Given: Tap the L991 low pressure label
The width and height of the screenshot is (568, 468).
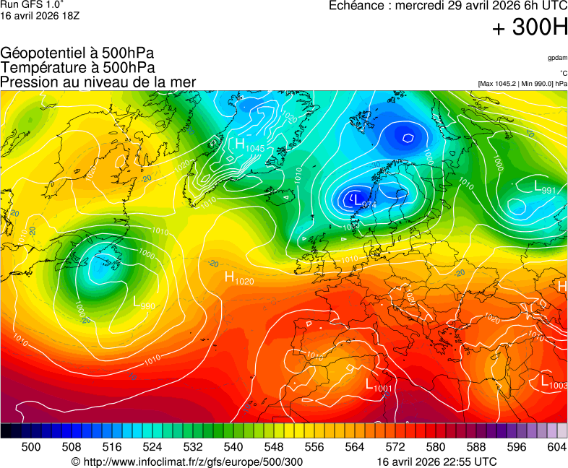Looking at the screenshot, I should click(544, 188).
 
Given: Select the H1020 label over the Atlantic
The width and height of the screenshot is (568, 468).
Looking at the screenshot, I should click(238, 277).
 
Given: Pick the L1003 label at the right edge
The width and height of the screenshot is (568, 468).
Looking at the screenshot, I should click(554, 382).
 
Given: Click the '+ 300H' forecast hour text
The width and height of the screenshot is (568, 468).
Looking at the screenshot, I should click(530, 27).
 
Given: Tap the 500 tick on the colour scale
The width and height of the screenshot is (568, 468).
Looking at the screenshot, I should click(31, 447).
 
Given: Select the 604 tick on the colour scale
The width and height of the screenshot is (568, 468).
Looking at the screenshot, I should click(556, 447).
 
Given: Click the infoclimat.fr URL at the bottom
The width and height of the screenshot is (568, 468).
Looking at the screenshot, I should click(187, 461).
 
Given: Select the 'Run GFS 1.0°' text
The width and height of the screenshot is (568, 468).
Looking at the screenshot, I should click(32, 4).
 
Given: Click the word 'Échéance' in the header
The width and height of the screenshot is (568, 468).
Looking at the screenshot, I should click(357, 6).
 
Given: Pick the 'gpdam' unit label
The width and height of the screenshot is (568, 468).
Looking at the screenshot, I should click(557, 57).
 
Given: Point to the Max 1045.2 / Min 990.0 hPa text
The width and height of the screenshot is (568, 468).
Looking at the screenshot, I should click(522, 84).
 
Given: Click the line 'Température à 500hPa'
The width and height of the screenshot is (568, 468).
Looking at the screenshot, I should click(77, 67).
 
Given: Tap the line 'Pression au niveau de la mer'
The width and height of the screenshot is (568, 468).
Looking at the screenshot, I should click(98, 82).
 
